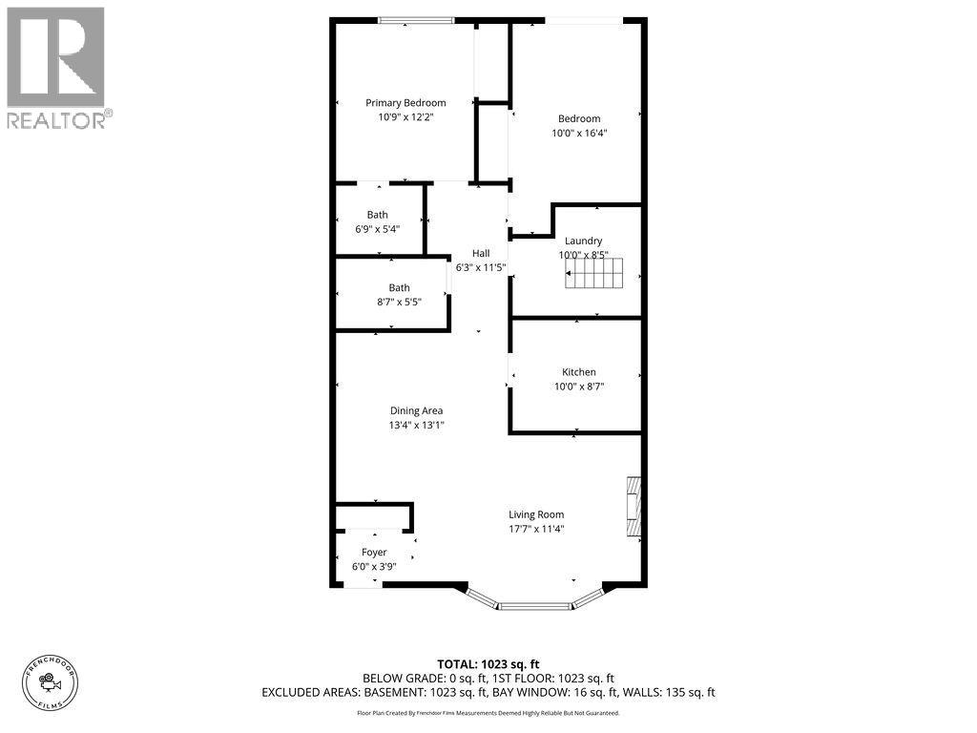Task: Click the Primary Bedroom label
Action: click(405, 103)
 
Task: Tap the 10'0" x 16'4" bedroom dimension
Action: click(579, 134)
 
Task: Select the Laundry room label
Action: click(583, 241)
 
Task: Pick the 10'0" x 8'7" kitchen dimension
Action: click(579, 387)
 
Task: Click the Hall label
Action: click(481, 253)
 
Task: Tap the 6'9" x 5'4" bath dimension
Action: click(377, 229)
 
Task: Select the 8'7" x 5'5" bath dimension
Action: click(398, 302)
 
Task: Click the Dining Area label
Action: click(416, 411)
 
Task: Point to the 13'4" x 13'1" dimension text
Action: click(417, 426)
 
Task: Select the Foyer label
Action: click(374, 553)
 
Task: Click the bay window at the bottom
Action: click(536, 602)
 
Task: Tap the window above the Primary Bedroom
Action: click(415, 20)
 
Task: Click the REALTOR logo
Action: click(56, 67)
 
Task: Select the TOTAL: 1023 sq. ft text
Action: click(488, 664)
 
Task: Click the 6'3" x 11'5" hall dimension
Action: click(481, 267)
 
